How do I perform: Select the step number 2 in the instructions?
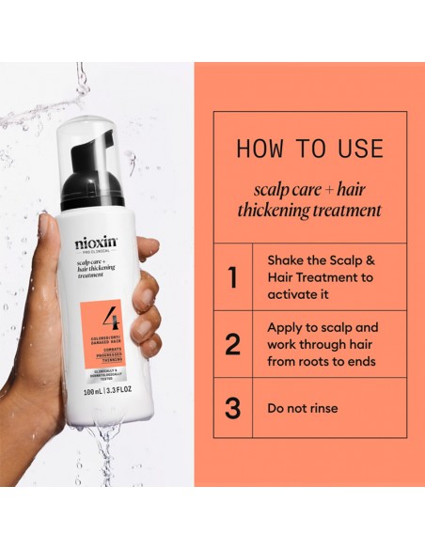(x=232, y=344)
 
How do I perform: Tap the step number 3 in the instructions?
(x=232, y=408)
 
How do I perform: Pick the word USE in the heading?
(x=355, y=149)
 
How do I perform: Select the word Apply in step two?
(x=287, y=327)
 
